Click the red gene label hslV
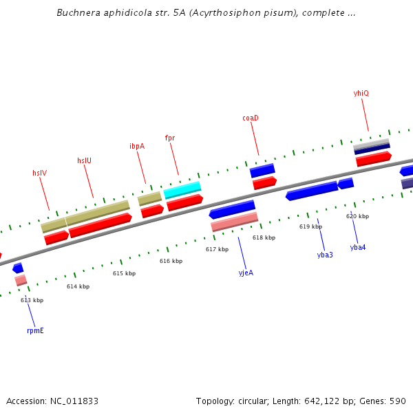click(x=39, y=173)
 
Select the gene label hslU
click(x=84, y=160)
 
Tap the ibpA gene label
click(x=137, y=146)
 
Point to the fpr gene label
click(x=170, y=138)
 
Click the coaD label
click(x=251, y=118)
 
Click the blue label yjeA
click(x=246, y=273)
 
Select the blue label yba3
click(x=325, y=255)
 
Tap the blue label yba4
click(x=358, y=247)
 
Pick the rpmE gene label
click(x=35, y=330)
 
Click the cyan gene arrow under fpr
click(x=182, y=189)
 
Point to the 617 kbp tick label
click(x=217, y=249)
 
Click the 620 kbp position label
click(x=357, y=216)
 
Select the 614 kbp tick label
click(x=78, y=286)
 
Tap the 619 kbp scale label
click(x=310, y=226)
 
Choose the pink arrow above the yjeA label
click(x=235, y=222)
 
